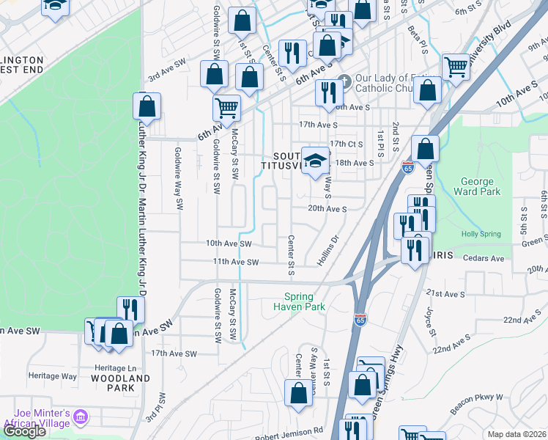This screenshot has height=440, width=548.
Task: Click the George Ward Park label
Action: click(480, 186)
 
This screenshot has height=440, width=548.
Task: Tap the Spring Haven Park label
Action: click(299, 302)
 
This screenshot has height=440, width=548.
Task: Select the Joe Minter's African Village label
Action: click(37, 417)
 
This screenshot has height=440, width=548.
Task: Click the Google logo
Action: click(24, 431)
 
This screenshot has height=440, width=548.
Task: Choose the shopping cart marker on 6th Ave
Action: click(227, 108)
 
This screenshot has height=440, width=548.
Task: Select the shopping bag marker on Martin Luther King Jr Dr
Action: click(147, 106)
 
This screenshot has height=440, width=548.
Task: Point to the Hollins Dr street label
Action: click(329, 249)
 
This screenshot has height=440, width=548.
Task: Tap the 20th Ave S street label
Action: click(327, 208)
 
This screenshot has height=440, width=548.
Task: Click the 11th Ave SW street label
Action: click(236, 262)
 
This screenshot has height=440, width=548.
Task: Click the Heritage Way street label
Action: click(59, 376)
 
